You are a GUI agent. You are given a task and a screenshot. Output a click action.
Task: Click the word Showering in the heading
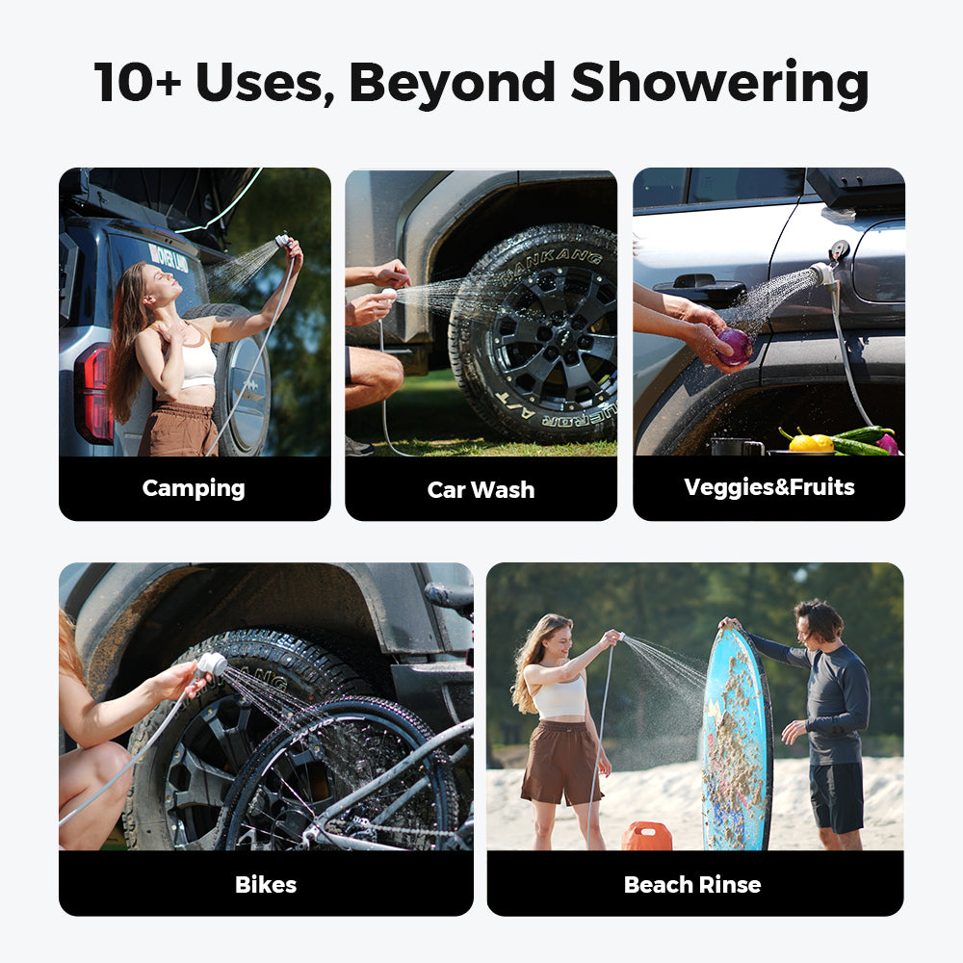[x=719, y=83]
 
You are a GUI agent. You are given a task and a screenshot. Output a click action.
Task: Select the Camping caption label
[x=194, y=488]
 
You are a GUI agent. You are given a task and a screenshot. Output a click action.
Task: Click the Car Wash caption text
[x=481, y=489]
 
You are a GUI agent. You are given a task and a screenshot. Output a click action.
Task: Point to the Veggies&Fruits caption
[x=768, y=487]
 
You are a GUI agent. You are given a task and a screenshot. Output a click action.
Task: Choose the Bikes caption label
[x=266, y=884]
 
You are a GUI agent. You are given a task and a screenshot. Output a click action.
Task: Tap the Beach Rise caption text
[x=692, y=884]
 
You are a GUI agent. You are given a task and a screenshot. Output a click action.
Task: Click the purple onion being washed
[x=735, y=347]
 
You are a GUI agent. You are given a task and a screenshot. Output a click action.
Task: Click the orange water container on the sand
[x=646, y=836]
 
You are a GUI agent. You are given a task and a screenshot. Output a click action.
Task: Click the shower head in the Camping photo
[x=281, y=240]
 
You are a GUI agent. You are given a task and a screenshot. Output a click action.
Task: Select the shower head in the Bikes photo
[x=210, y=664]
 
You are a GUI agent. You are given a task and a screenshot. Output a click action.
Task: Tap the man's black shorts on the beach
[x=835, y=794]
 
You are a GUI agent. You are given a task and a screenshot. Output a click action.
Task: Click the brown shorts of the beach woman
[x=560, y=761]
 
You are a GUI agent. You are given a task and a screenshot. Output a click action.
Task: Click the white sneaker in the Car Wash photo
[x=358, y=446]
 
